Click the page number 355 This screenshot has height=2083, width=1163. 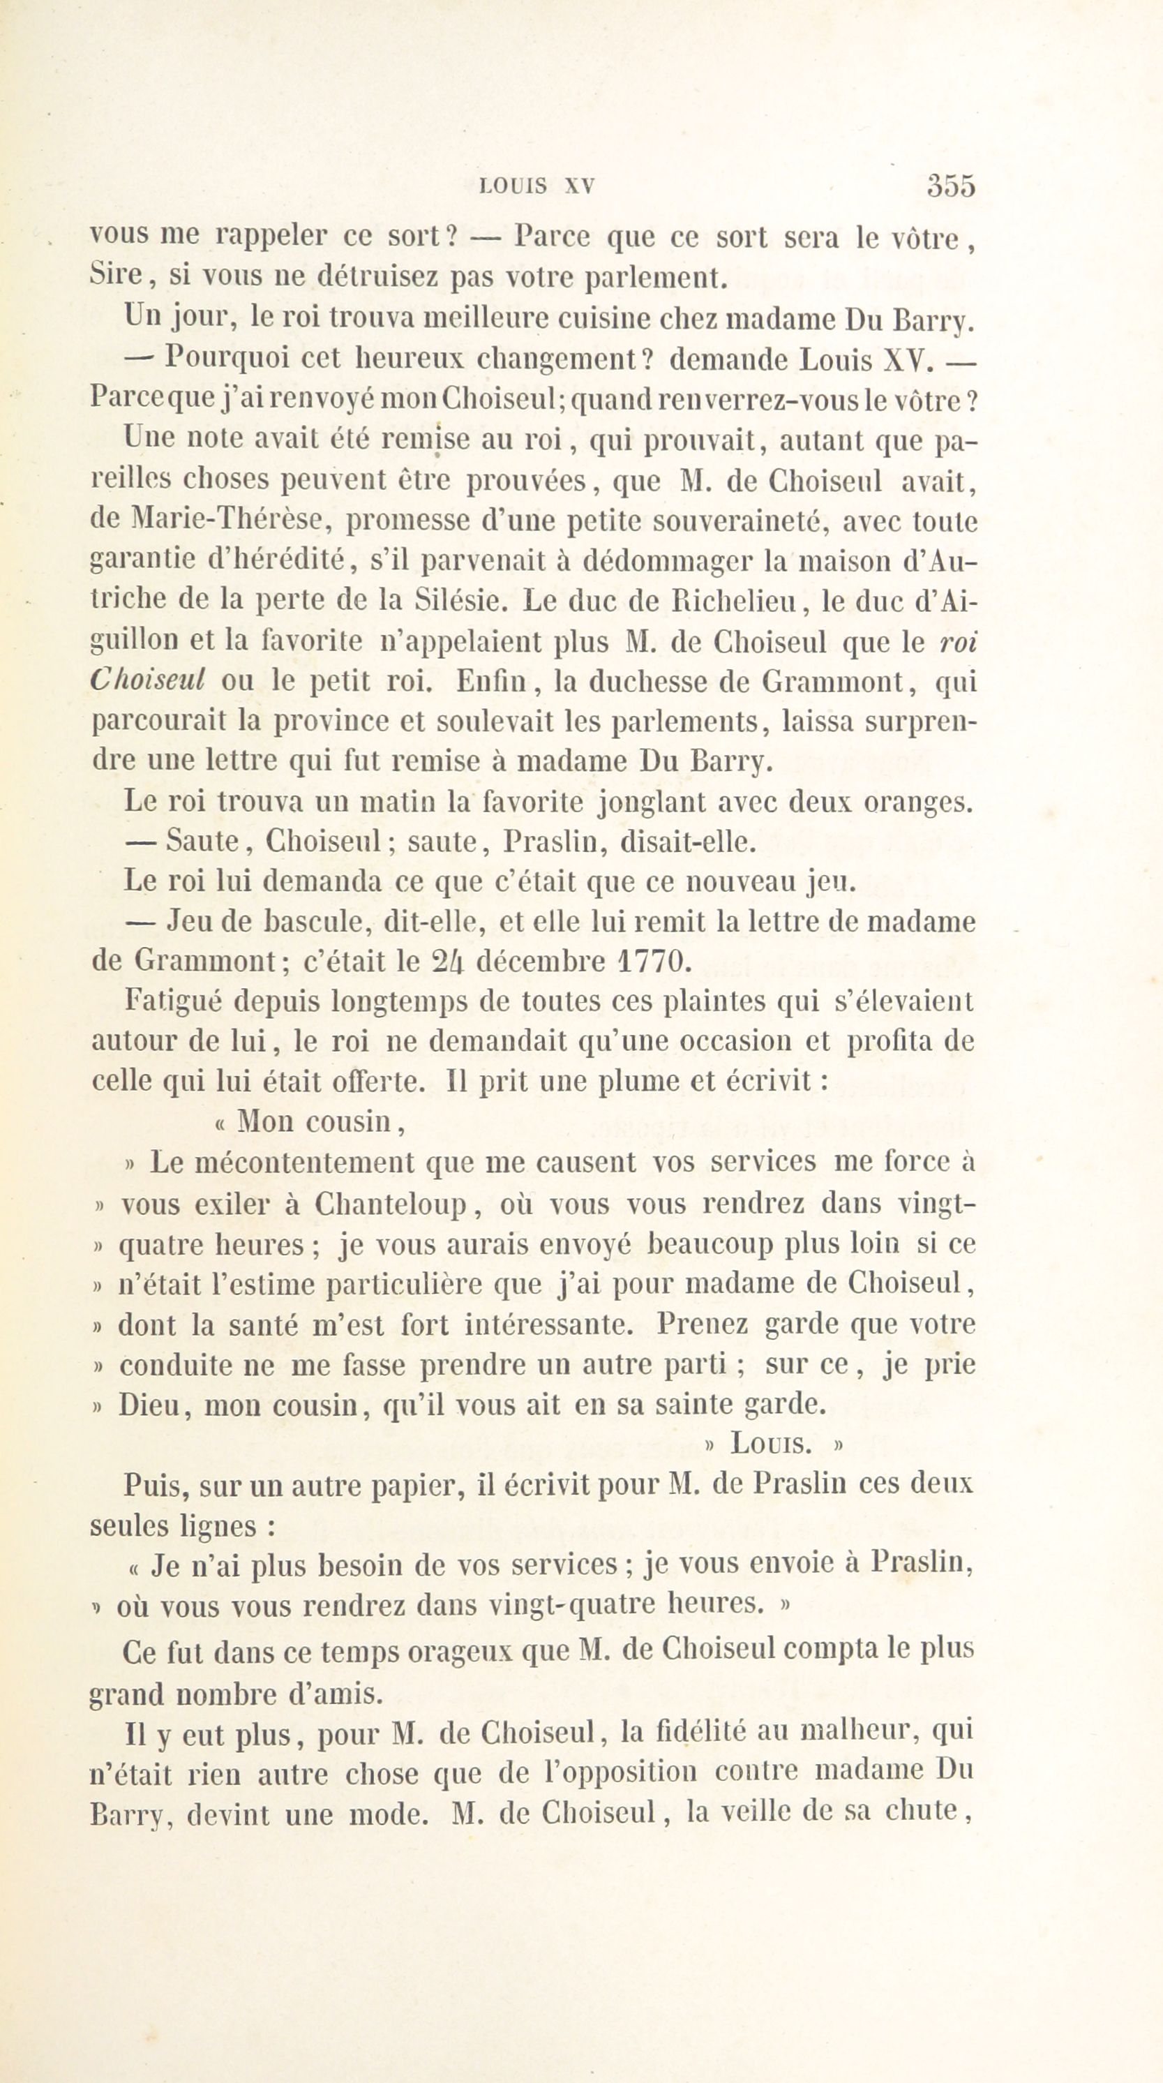(950, 186)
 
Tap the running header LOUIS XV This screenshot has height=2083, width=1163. (537, 187)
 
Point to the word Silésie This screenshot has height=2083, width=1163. (463, 600)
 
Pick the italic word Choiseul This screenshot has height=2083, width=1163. (147, 680)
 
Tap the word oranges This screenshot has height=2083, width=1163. (918, 801)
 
